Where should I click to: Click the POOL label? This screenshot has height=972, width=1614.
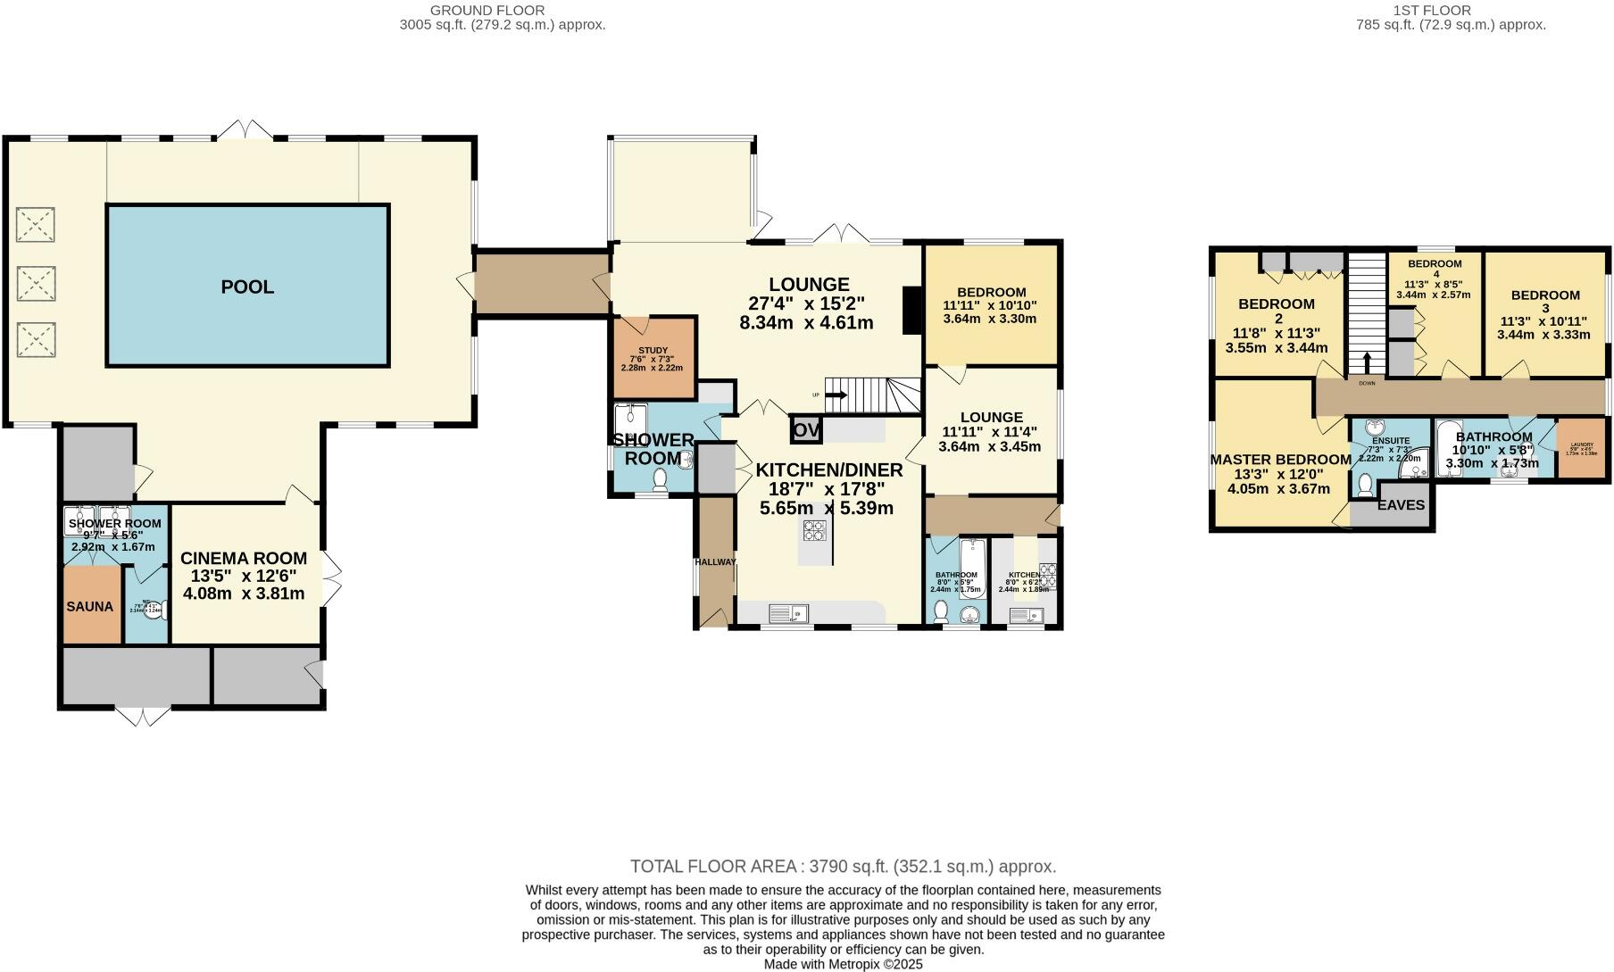click(x=247, y=287)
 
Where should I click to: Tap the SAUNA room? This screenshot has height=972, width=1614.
click(x=89, y=606)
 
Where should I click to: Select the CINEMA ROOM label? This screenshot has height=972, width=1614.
click(x=244, y=559)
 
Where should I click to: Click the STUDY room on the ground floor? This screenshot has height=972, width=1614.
click(x=653, y=357)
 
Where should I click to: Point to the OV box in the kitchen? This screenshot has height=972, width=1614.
click(x=805, y=430)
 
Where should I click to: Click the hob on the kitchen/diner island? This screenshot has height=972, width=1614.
click(x=814, y=531)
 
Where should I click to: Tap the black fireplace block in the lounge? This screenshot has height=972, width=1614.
click(x=911, y=310)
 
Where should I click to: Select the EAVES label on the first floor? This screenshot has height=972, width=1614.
click(x=1402, y=505)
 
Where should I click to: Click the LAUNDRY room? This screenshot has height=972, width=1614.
click(x=1580, y=449)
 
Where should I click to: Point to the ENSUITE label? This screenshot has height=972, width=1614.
click(x=1391, y=441)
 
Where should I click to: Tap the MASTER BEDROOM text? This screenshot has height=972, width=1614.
click(x=1280, y=460)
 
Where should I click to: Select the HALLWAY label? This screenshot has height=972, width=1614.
click(x=716, y=562)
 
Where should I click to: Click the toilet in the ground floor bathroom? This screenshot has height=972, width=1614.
click(x=940, y=611)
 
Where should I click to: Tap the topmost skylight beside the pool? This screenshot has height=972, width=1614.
click(x=36, y=224)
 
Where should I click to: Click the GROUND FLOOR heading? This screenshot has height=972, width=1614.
click(x=487, y=10)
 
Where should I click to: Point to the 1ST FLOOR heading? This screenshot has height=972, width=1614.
click(x=1443, y=10)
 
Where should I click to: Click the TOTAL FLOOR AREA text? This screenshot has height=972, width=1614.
click(x=843, y=866)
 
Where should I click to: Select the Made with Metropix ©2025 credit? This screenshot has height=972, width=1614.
click(x=843, y=964)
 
